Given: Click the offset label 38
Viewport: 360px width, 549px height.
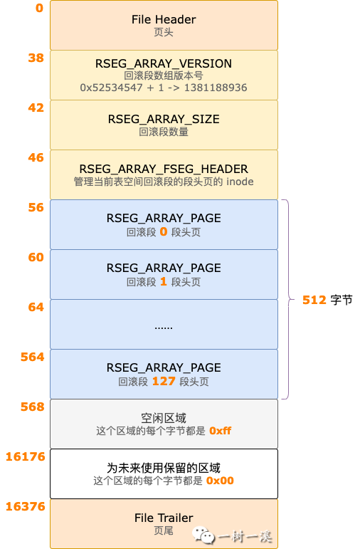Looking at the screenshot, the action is [x=36, y=58].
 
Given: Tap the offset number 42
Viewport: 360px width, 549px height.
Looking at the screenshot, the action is [x=36, y=108].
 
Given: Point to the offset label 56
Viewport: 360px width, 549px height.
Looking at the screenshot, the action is [x=36, y=207].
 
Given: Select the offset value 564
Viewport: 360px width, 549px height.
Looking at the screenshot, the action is [x=33, y=357].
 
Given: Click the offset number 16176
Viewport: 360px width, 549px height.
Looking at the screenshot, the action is [x=26, y=456].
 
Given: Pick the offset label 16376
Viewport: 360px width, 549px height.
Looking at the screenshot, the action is [x=26, y=506].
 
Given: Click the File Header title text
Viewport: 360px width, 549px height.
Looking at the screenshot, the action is [x=164, y=20].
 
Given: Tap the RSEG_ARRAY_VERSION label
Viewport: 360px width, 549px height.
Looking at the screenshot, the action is [x=164, y=63].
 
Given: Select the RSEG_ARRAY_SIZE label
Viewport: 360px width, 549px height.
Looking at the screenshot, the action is [x=164, y=120].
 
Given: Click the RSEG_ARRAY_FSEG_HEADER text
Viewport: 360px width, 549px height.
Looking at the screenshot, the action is [x=164, y=169].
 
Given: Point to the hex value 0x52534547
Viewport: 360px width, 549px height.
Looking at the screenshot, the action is [x=111, y=88].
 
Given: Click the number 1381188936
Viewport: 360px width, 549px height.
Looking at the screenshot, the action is [x=216, y=88].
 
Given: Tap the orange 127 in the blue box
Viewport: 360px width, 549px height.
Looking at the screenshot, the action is [x=164, y=381].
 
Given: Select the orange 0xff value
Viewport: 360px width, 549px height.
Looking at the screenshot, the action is [x=221, y=431].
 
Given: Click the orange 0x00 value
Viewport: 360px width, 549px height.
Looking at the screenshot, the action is [x=220, y=481].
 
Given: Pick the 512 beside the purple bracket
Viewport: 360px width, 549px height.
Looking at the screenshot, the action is [x=314, y=300].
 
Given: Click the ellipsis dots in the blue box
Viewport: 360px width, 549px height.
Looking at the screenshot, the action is [x=164, y=328].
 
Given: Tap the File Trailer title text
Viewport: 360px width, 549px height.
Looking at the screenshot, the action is [x=164, y=518].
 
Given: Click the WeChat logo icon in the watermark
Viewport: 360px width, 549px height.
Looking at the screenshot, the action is [x=203, y=535].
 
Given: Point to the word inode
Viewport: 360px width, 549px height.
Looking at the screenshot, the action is [x=240, y=182].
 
